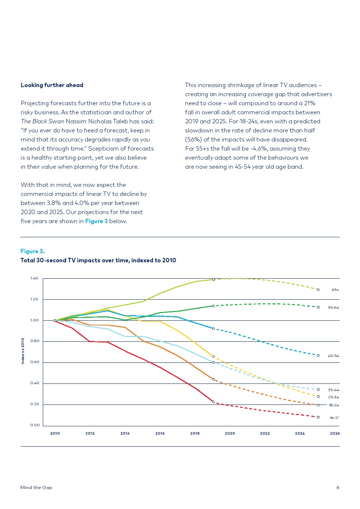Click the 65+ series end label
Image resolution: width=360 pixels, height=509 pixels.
[335, 290]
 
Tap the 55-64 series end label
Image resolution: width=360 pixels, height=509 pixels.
[333, 308]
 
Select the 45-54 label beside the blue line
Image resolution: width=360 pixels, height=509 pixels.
[333, 356]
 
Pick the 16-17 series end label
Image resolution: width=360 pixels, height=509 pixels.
[334, 418]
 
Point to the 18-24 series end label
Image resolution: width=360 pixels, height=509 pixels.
[334, 405]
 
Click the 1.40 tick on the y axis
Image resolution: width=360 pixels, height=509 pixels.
[34, 278]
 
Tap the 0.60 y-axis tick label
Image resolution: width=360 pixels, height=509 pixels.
[34, 362]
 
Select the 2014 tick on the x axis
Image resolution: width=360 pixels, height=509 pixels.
[125, 433]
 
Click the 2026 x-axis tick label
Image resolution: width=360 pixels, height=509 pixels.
[335, 433]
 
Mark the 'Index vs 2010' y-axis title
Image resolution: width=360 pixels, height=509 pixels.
[23, 351]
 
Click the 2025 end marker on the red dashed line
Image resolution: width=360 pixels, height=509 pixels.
[318, 417]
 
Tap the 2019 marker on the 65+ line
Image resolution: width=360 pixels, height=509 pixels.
[213, 280]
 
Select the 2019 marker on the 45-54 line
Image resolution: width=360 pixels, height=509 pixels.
[213, 329]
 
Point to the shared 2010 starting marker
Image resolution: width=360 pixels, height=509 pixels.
[55, 321]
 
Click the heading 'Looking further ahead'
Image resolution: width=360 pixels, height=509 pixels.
[52, 85]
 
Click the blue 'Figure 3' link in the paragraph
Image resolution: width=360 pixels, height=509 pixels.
[96, 221]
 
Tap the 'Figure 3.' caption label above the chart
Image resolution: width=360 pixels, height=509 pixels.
[32, 251]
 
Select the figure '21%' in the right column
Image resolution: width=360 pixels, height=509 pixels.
[309, 103]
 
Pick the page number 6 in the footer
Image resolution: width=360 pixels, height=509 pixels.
[337, 488]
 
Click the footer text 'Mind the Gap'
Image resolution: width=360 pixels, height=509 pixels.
[36, 488]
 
